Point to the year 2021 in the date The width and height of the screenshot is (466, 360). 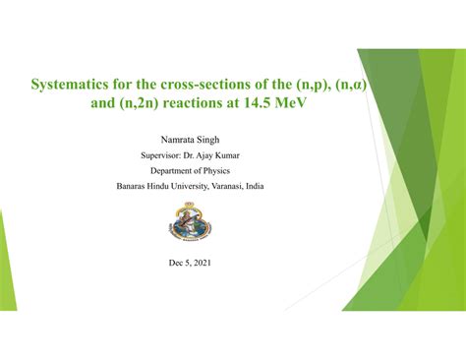201,263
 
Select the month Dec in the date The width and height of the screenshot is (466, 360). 177,263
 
